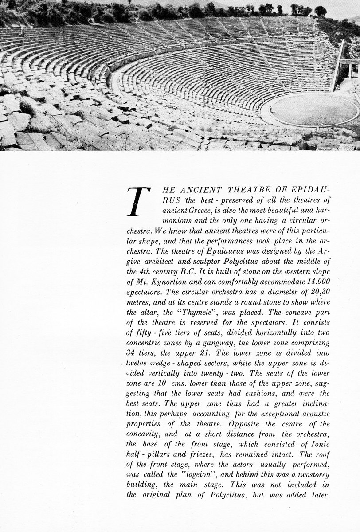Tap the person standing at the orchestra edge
(x=271, y=109)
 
